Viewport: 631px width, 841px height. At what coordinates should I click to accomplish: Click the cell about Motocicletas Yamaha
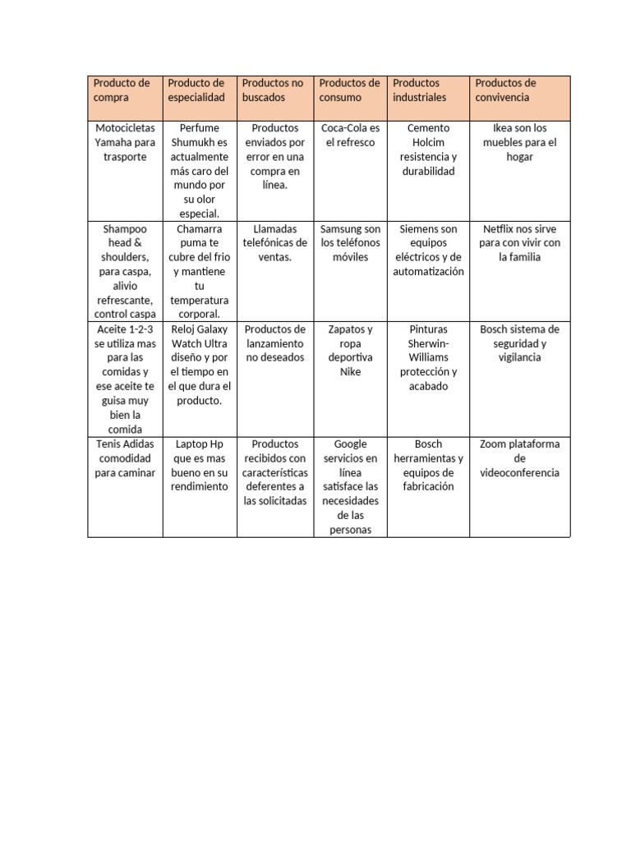(x=125, y=142)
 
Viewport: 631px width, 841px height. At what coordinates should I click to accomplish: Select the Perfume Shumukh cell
(x=200, y=171)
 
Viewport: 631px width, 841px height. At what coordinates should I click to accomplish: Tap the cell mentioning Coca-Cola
(x=350, y=136)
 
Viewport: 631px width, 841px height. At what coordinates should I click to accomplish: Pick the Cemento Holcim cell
(x=428, y=149)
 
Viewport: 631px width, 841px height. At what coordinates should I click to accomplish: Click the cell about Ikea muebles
(x=519, y=142)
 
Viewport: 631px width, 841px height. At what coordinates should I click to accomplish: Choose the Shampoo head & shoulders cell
(x=125, y=271)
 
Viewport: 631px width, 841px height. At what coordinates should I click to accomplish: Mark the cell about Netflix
(x=519, y=243)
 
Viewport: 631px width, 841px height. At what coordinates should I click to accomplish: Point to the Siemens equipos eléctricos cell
(x=428, y=250)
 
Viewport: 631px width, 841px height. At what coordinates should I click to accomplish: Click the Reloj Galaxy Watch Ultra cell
(x=200, y=365)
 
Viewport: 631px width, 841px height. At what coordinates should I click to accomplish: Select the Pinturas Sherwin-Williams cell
(x=428, y=357)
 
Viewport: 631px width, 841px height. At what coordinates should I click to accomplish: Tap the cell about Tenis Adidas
(x=125, y=458)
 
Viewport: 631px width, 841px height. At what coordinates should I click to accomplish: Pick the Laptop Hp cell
(x=200, y=465)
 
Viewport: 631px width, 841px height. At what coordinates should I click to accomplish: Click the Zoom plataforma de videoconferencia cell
(x=519, y=458)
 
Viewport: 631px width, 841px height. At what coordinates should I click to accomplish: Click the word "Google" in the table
(x=351, y=444)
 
